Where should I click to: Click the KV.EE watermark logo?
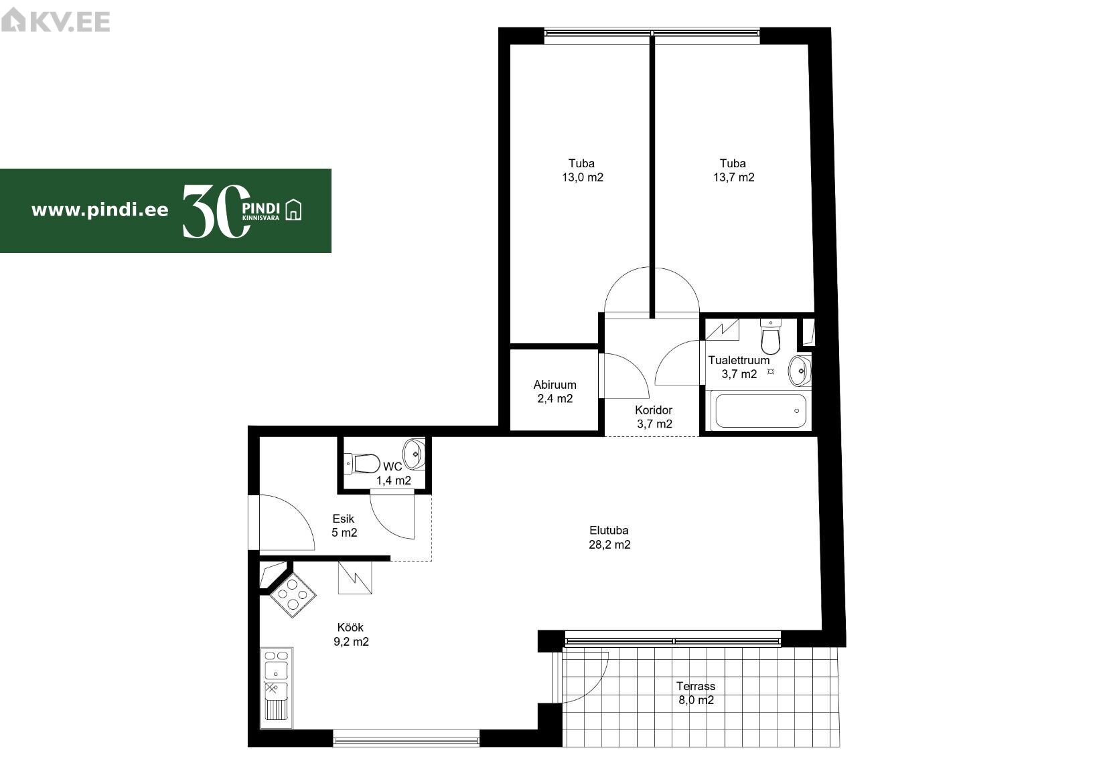55,21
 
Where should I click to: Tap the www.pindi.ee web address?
100,211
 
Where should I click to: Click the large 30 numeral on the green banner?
216,211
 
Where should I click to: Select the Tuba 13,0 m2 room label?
582,170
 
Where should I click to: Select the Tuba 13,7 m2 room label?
733,170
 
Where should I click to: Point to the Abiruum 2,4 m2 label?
555,392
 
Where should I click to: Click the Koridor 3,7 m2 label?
654,417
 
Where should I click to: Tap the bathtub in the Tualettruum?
761,410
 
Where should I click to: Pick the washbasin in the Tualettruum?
799,371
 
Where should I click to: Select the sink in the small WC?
414,453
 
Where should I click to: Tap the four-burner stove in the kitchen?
293,595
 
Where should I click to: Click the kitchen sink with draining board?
276,687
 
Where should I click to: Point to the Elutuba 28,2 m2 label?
609,537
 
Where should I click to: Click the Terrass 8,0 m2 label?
696,693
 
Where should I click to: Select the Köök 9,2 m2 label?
351,634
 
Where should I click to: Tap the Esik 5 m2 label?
344,525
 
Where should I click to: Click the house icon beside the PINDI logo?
293,209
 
